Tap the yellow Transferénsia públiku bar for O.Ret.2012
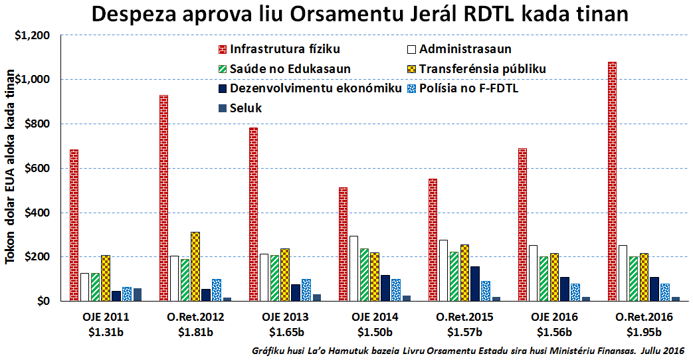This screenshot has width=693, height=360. pos(195,266)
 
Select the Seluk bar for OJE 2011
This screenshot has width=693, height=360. pos(138,294)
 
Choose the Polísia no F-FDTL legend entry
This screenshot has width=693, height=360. pos(469,88)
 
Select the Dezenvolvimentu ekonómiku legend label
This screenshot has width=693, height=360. pos(316,88)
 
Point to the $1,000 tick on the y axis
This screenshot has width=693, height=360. pos(33,80)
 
